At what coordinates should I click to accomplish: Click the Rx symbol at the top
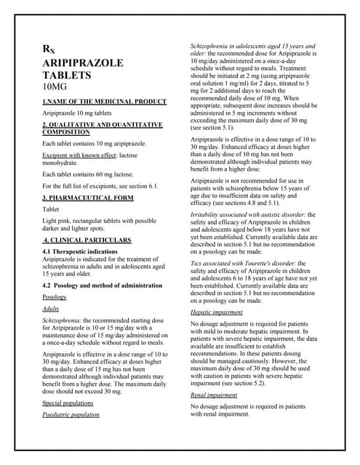tap(47, 50)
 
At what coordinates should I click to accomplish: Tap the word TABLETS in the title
tap(66, 75)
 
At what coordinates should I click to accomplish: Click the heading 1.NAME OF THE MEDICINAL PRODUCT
tap(105, 102)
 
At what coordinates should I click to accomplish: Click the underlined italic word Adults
tap(51, 309)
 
